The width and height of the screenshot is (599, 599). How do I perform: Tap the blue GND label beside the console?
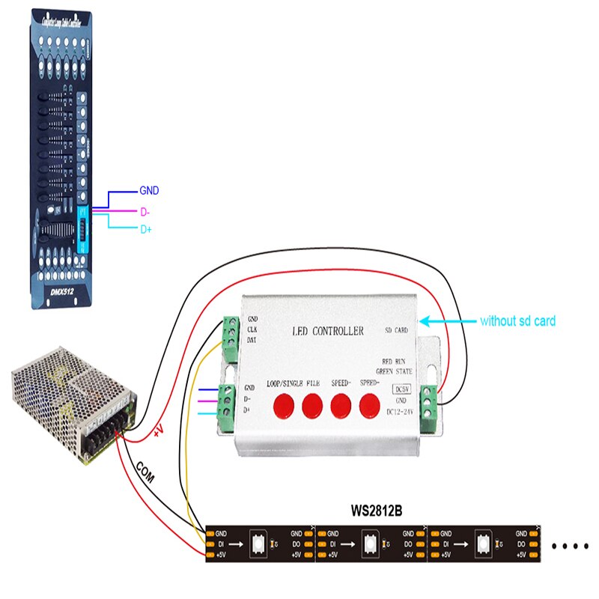click(x=149, y=192)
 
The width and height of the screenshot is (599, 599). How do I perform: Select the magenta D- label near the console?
click(x=145, y=212)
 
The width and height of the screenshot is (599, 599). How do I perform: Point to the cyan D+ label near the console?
click(x=146, y=230)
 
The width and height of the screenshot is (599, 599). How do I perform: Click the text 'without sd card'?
click(x=517, y=321)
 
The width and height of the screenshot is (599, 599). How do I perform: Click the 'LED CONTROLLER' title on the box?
click(x=326, y=330)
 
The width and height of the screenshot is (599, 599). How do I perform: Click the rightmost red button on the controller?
click(x=369, y=405)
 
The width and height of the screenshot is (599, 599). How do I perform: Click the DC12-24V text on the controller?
click(x=401, y=413)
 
